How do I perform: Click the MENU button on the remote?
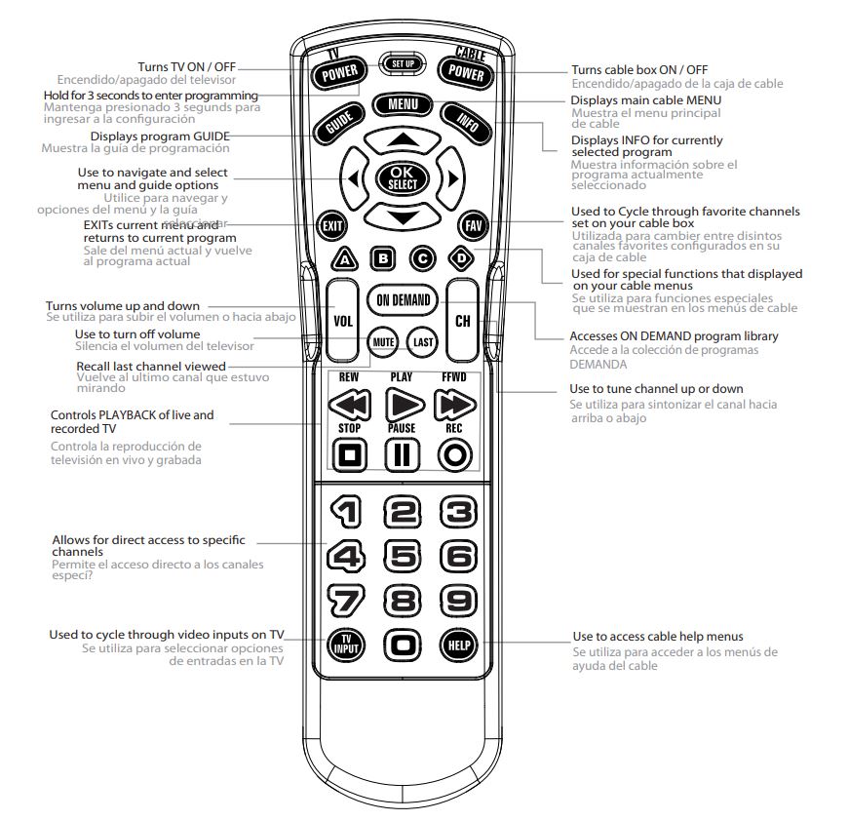click(402, 104)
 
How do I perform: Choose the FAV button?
click(473, 225)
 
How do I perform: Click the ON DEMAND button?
click(403, 300)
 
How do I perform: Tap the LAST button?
click(423, 342)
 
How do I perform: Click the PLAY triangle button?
click(402, 404)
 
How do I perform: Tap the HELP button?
click(457, 645)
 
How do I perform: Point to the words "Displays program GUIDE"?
click(161, 136)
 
